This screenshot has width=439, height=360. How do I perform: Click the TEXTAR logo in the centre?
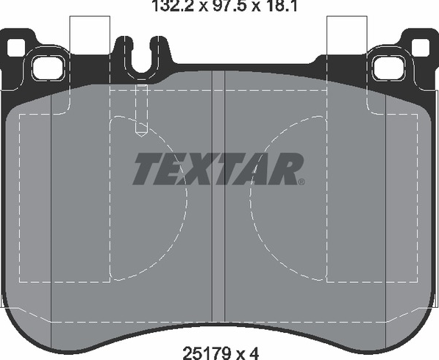pyautogui.click(x=218, y=169)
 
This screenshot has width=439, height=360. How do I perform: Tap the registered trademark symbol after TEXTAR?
pyautogui.click(x=301, y=181)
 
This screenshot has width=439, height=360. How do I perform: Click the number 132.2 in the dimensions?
pyautogui.click(x=172, y=6)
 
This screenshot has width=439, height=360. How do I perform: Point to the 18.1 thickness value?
pyautogui.click(x=279, y=6)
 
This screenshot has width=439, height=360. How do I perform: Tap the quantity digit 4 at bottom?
pyautogui.click(x=254, y=352)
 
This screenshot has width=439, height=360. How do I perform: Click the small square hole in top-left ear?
pyautogui.click(x=15, y=47)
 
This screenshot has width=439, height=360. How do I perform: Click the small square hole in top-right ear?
pyautogui.click(x=420, y=47)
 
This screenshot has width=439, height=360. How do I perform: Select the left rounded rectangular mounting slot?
pyautogui.click(x=48, y=67)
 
